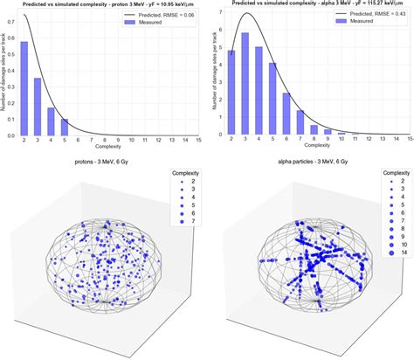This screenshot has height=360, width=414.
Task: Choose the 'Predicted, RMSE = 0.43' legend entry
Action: pyautogui.click(x=368, y=17)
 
